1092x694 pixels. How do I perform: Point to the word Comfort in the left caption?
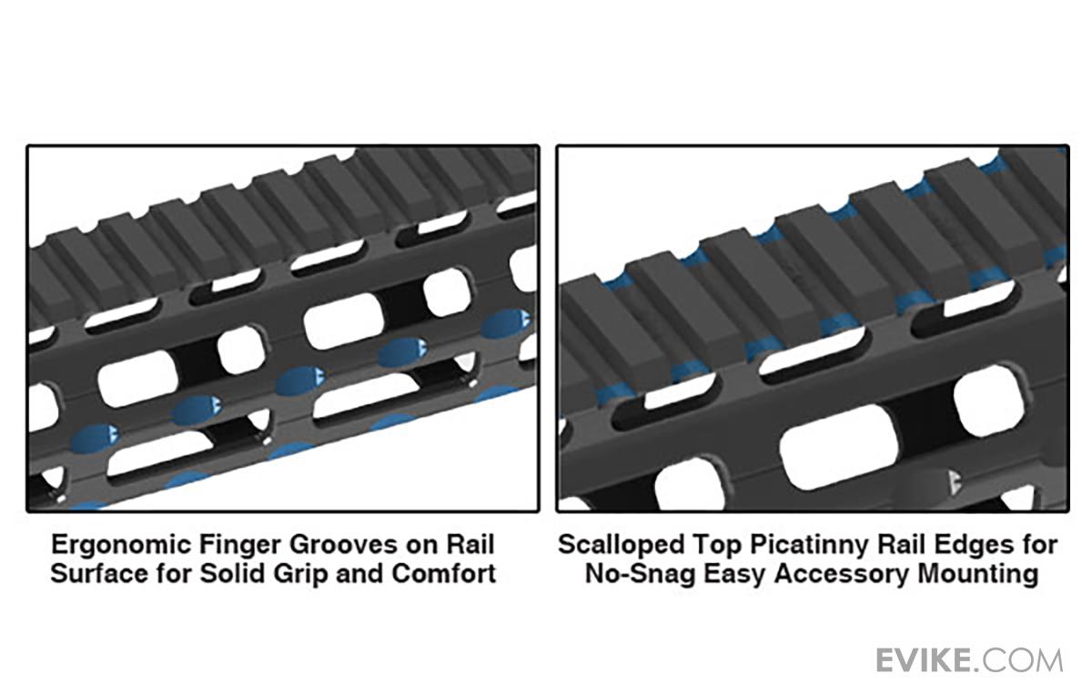tap(444, 574)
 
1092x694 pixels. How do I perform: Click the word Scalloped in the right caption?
tap(621, 546)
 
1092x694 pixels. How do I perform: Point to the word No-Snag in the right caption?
tap(640, 575)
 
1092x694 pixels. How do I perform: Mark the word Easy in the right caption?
tap(734, 575)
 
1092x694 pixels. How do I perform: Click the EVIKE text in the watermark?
tap(924, 661)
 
